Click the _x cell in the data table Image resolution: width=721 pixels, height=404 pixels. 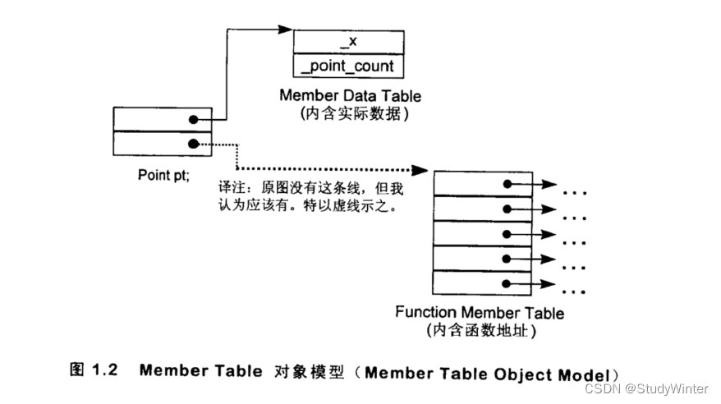coord(349,42)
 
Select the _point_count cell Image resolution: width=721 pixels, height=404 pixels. coord(349,66)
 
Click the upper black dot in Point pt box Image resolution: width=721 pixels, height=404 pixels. coord(193,120)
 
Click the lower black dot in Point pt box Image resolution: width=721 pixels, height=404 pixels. coord(193,145)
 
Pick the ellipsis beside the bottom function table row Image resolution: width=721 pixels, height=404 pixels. coord(575,292)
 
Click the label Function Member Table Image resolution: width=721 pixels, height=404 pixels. coord(480,313)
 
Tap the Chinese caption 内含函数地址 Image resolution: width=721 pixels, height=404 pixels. coord(480,331)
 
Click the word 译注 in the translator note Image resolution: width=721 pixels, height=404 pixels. coord(231,189)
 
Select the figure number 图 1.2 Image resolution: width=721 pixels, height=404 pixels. coord(93,370)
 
